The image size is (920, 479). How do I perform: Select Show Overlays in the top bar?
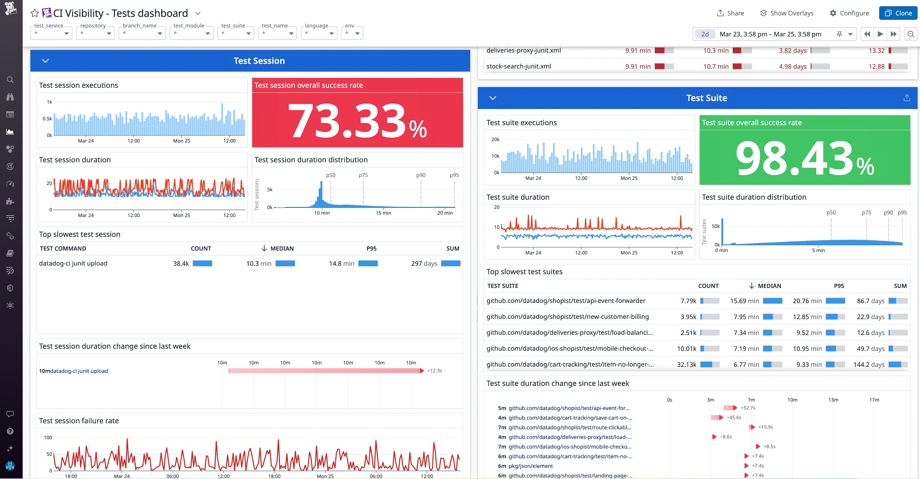pos(787,13)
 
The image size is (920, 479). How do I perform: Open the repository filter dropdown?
pos(95,33)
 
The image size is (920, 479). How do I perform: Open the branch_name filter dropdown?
pos(142,33)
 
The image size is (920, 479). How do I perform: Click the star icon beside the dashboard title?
pos(35,13)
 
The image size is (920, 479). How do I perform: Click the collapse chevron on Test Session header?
pos(45,61)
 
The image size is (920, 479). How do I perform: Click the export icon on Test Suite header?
pos(906,98)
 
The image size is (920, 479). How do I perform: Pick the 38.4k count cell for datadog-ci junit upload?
pos(181,263)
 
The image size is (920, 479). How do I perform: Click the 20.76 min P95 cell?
pos(807,301)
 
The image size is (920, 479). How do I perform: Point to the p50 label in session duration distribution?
pos(330,175)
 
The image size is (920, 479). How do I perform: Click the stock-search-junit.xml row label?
pos(519,66)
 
